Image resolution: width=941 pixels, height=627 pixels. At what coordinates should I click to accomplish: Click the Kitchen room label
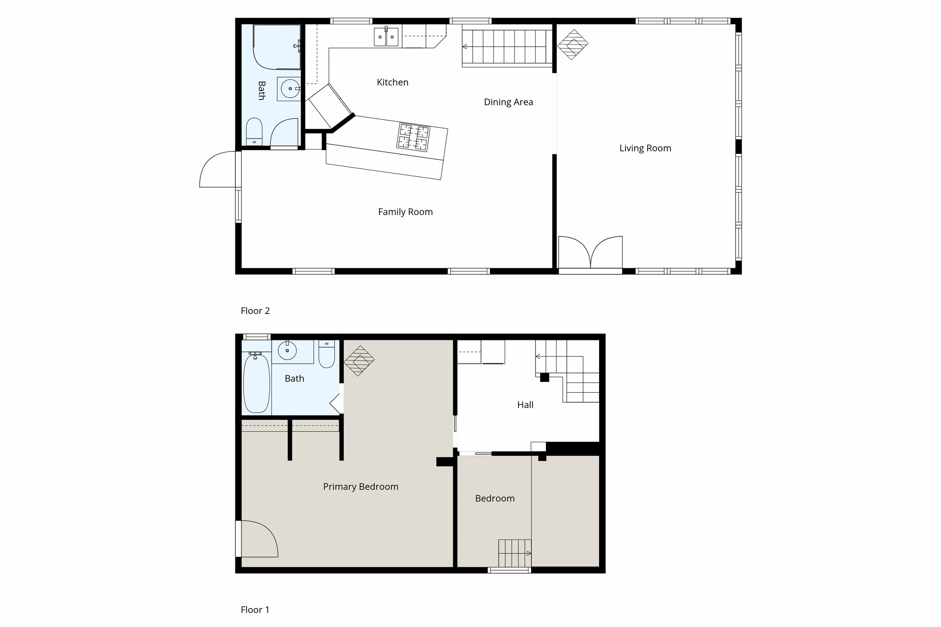(392, 82)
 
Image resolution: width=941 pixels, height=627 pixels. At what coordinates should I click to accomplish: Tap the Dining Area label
(508, 102)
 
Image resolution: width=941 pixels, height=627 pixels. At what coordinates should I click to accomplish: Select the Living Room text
(645, 148)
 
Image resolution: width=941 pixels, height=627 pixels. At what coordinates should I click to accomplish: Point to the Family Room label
(405, 212)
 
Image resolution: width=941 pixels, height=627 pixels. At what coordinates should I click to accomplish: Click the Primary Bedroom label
(360, 486)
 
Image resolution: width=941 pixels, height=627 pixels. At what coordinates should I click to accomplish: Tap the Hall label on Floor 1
(525, 405)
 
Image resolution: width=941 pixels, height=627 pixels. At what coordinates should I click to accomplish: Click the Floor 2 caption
(255, 310)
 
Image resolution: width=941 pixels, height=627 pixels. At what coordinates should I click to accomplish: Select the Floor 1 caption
(255, 610)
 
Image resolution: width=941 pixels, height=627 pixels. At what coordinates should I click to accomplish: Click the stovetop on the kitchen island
(413, 137)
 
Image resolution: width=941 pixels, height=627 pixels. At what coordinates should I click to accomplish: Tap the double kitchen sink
(386, 37)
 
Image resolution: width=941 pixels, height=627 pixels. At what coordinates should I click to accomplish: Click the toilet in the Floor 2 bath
(254, 131)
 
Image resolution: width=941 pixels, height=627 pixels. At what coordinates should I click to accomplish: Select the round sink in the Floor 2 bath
(289, 89)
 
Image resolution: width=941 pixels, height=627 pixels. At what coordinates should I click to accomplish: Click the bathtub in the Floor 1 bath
(256, 383)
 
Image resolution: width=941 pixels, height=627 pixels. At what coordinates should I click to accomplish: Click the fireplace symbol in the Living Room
(572, 44)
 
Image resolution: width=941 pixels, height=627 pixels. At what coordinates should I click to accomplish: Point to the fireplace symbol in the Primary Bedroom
(359, 360)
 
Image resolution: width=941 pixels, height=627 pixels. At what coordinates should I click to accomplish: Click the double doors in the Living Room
(590, 253)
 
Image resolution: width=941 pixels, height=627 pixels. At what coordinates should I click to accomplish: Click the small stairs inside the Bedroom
(514, 553)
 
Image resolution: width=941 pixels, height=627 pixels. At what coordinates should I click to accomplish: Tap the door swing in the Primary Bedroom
(258, 539)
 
